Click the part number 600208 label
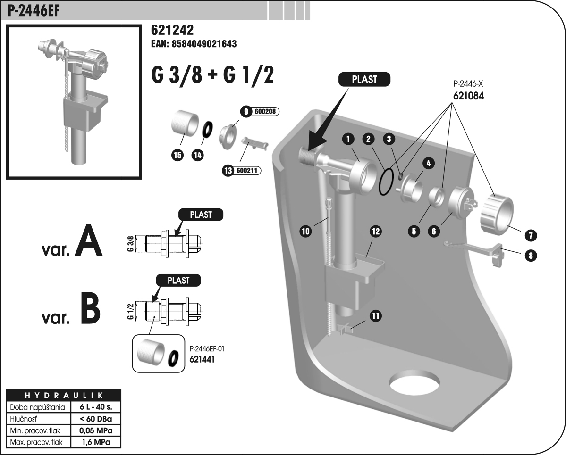[x=266, y=112]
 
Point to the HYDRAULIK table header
[x=63, y=395]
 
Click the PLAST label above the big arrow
[x=364, y=79]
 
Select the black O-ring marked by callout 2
[x=386, y=182]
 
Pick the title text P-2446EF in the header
[x=34, y=10]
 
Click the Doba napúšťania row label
[x=37, y=406]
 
